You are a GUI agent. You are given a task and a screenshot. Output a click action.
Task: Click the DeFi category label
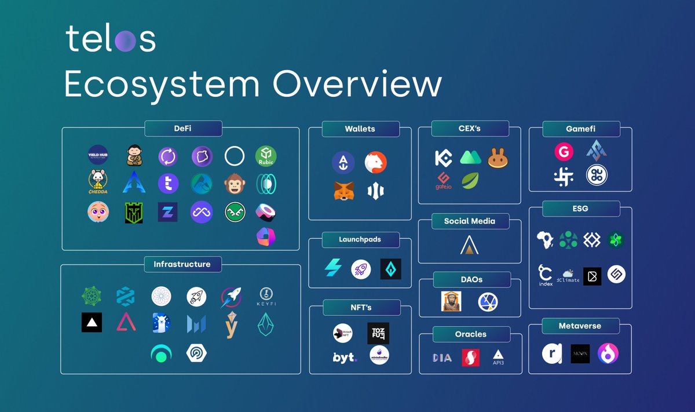183,128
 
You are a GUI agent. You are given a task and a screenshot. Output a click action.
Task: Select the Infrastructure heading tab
182,264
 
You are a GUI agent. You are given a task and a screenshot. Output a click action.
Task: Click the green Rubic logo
266,156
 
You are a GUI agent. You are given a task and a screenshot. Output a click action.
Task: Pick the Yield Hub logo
98,155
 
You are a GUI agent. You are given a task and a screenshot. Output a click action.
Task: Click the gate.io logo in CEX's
444,181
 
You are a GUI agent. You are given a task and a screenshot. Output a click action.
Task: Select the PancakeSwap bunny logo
498,158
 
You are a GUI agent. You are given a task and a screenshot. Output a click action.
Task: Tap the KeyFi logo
266,297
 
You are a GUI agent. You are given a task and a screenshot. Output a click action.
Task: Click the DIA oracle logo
442,358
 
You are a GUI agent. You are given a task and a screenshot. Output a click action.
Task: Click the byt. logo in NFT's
345,357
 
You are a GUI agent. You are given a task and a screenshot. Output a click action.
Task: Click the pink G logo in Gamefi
564,152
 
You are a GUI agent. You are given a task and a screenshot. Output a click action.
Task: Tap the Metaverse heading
580,326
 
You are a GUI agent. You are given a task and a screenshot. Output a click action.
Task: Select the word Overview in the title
357,85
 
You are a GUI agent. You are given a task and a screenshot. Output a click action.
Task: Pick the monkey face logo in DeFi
233,184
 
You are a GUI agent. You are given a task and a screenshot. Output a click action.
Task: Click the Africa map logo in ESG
545,240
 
